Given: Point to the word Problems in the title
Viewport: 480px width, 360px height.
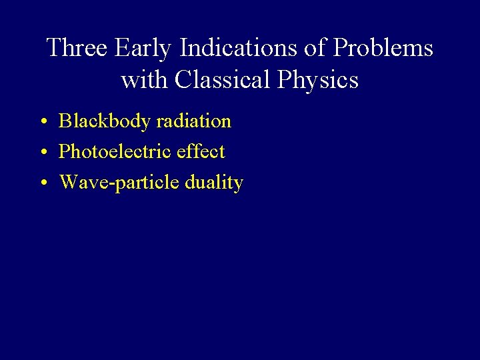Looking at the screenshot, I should [x=384, y=48].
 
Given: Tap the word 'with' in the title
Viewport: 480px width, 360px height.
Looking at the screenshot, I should [x=145, y=80].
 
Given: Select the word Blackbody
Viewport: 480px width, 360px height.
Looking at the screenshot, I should [x=104, y=121].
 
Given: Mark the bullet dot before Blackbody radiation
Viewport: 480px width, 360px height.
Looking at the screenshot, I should [x=42, y=123].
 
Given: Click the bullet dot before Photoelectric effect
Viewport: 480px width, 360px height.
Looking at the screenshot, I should [x=42, y=153].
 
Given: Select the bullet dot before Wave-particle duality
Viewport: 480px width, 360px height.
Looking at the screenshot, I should [x=42, y=184].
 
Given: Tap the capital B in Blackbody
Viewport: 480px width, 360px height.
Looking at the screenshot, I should [x=65, y=121].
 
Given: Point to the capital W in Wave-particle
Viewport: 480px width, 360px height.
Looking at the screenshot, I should [x=68, y=183].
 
